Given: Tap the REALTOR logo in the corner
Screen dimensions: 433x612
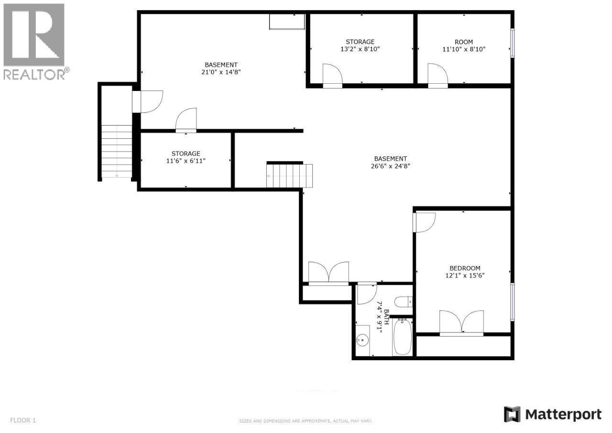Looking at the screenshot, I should coord(34,41).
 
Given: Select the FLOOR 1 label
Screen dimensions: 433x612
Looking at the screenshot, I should coord(23,421).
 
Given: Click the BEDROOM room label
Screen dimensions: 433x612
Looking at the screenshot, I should coord(465,268).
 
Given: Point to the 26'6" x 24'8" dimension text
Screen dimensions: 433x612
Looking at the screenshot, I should coord(391,167).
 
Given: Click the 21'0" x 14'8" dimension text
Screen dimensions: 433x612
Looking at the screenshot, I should coord(221,72).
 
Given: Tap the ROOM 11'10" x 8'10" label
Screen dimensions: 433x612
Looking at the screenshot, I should coord(464,45).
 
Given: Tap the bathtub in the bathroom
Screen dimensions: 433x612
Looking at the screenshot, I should coord(402,338).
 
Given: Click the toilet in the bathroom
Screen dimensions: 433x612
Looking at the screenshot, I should coord(403,302).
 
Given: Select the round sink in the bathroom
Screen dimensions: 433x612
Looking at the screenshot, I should coord(362,341).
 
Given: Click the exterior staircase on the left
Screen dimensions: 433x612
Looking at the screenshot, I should coord(117,151).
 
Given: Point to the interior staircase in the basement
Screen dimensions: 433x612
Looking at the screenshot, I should coord(290,176).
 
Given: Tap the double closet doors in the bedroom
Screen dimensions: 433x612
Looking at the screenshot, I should coord(461,322).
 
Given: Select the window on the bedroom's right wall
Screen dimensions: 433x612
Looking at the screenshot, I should coord(512,301).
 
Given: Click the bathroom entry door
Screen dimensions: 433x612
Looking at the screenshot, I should coord(367,293).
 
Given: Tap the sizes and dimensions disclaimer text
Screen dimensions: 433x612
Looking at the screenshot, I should coord(306,421).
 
